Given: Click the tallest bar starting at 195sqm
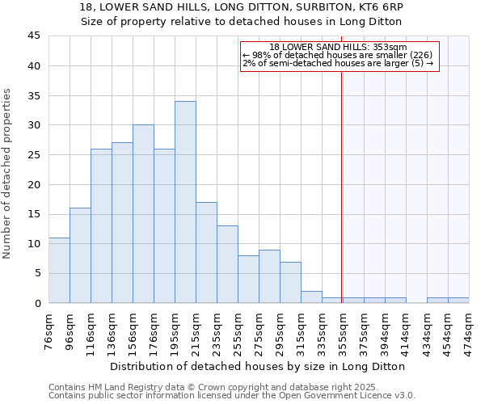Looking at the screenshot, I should (x=185, y=202).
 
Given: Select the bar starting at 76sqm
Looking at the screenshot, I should (x=59, y=270).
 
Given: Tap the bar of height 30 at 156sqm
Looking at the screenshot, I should (x=143, y=214).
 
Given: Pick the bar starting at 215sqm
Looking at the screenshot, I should (x=206, y=252).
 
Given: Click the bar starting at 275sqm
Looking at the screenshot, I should (x=269, y=276).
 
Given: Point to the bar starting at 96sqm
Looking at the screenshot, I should (x=80, y=255).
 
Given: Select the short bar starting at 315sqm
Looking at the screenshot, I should (x=311, y=297).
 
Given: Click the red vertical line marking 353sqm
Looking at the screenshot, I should (x=341, y=186).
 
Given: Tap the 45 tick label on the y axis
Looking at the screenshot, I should (x=34, y=36).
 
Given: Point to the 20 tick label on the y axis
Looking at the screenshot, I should (x=34, y=184).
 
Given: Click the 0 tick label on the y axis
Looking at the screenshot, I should (x=37, y=303).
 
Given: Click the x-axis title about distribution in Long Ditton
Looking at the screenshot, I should (x=259, y=366).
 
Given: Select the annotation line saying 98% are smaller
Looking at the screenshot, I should (x=338, y=55).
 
